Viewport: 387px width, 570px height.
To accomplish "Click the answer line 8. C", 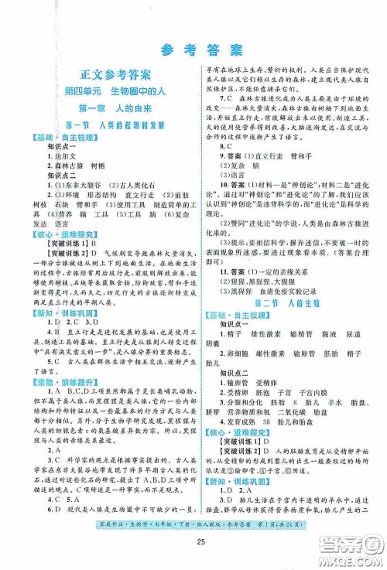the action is click(225, 145).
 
